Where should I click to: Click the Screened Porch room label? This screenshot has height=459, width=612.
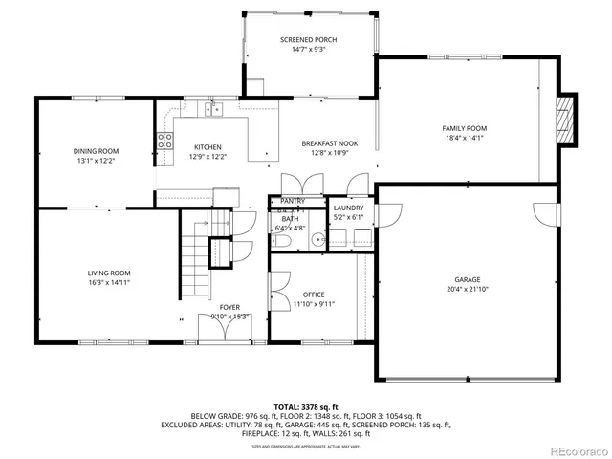pyautogui.click(x=308, y=39)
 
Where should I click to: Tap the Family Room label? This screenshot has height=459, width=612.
pyautogui.click(x=464, y=128)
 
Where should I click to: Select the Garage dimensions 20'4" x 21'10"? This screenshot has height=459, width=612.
pyautogui.click(x=467, y=290)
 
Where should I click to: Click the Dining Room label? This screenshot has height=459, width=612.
pyautogui.click(x=96, y=151)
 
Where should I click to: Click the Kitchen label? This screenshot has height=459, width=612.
pyautogui.click(x=208, y=147)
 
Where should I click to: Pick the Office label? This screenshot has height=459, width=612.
pyautogui.click(x=314, y=295)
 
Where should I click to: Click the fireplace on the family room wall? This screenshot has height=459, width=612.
pyautogui.click(x=568, y=120)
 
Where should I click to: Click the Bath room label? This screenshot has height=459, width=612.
pyautogui.click(x=285, y=219)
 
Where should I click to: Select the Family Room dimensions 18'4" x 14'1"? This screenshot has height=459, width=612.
pyautogui.click(x=464, y=138)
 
